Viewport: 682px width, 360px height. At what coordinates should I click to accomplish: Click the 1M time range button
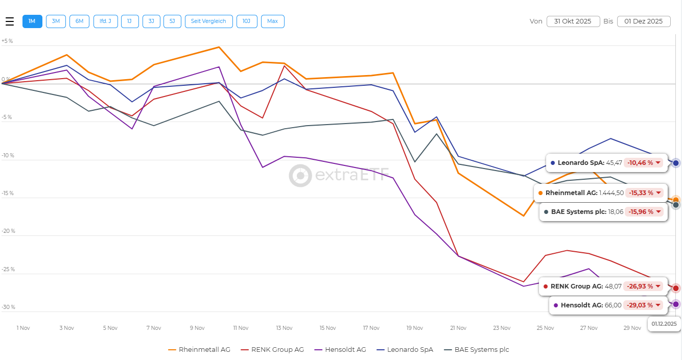pyautogui.click(x=32, y=21)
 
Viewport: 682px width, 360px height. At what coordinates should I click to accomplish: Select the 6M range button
pyautogui.click(x=79, y=21)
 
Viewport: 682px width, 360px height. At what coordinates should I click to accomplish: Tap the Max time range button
pyautogui.click(x=272, y=21)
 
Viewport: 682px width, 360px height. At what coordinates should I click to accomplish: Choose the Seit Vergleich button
pyautogui.click(x=209, y=21)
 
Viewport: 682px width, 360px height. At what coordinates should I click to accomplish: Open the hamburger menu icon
pyautogui.click(x=10, y=21)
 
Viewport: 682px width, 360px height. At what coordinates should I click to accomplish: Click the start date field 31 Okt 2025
pyautogui.click(x=573, y=21)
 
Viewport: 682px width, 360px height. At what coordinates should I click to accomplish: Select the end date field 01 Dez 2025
pyautogui.click(x=644, y=21)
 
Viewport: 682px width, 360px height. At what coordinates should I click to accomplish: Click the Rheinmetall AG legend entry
pyautogui.click(x=199, y=350)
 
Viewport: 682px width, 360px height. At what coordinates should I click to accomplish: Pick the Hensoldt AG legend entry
pyautogui.click(x=342, y=350)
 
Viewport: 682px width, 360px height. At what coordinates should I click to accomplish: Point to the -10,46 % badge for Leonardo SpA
pyautogui.click(x=643, y=163)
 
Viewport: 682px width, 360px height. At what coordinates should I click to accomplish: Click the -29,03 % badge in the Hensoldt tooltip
pyautogui.click(x=643, y=305)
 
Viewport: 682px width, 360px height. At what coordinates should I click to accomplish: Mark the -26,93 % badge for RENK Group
pyautogui.click(x=643, y=286)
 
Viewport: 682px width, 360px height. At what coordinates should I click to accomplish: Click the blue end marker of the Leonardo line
pyautogui.click(x=676, y=163)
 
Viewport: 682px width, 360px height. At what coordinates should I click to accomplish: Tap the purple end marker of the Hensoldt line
pyautogui.click(x=676, y=304)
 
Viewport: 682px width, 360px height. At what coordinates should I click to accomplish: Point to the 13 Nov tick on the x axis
pyautogui.click(x=284, y=328)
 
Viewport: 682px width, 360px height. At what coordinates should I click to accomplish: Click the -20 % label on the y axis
pyautogui.click(x=8, y=231)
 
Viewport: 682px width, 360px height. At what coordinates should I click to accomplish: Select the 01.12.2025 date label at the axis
pyautogui.click(x=664, y=324)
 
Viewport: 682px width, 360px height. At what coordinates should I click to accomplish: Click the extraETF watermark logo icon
pyautogui.click(x=300, y=176)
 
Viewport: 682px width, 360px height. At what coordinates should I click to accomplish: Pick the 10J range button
pyautogui.click(x=247, y=21)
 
